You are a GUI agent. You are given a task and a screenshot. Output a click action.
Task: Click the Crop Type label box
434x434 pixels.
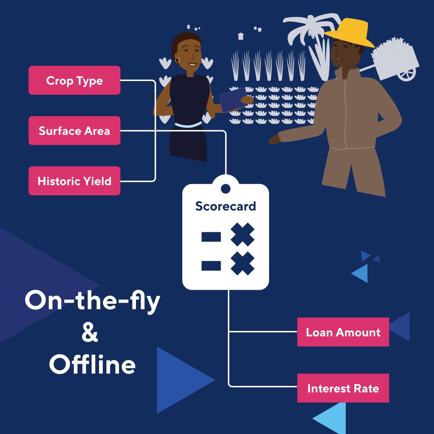click(74, 80)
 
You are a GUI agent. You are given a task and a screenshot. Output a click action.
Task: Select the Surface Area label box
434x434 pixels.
click(74, 131)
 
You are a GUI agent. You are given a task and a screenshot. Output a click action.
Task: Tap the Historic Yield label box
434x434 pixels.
click(74, 181)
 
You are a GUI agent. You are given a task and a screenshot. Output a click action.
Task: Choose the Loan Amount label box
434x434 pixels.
click(343, 332)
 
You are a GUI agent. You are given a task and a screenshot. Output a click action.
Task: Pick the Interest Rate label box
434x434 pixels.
click(343, 388)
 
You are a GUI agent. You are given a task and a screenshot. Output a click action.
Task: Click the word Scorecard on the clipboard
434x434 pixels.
click(225, 206)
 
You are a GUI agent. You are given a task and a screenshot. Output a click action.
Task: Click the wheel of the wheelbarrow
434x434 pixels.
click(407, 75)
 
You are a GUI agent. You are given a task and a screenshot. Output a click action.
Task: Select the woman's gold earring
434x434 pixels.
click(177, 60)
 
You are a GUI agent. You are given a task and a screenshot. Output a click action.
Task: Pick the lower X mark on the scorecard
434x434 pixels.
click(242, 264)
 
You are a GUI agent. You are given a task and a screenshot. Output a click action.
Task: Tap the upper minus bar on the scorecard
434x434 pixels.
click(211, 237)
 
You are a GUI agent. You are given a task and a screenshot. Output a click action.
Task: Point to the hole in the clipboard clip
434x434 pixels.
click(225, 188)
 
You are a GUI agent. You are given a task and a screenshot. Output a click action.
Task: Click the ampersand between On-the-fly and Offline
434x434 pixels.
click(90, 333)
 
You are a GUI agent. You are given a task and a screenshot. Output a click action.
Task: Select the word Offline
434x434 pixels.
click(92, 365)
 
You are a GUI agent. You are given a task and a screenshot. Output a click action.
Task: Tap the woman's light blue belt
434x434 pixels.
click(188, 125)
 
